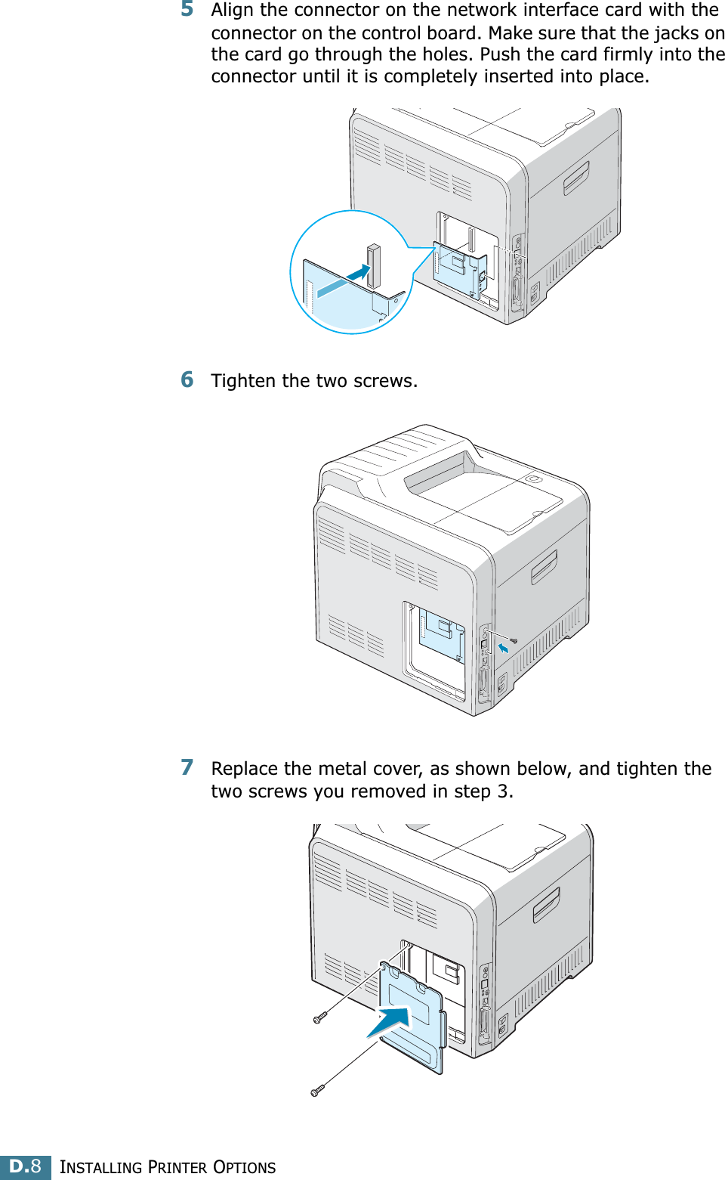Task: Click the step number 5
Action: click(187, 10)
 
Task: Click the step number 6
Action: click(187, 379)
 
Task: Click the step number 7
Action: click(187, 768)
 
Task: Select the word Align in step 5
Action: click(233, 11)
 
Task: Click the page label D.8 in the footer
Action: click(26, 1166)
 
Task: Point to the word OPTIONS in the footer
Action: click(244, 1167)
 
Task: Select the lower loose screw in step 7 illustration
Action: click(316, 1090)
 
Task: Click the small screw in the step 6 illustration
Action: click(514, 641)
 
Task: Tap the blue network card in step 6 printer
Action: click(442, 635)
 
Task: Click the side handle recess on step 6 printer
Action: click(544, 567)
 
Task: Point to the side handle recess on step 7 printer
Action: click(546, 905)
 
